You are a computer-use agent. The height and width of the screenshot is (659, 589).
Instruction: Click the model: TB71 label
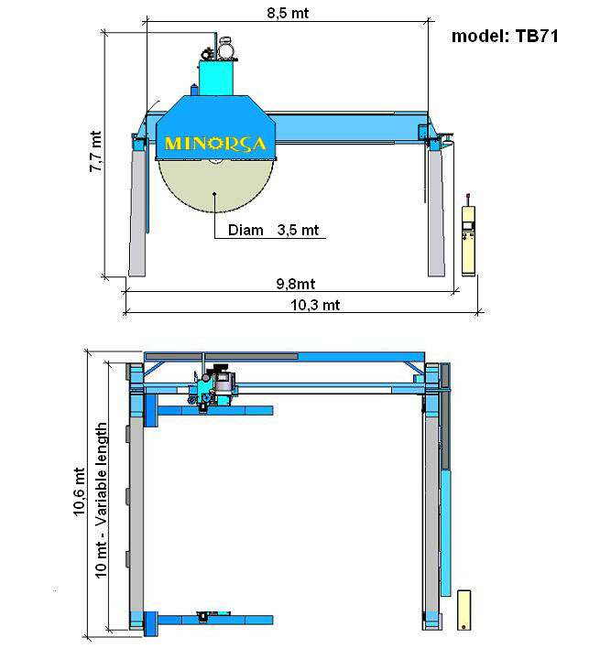pyautogui.click(x=506, y=37)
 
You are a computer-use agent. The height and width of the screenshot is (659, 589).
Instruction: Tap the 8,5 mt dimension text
pyautogui.click(x=288, y=13)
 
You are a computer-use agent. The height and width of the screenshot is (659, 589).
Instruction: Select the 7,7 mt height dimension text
pyautogui.click(x=96, y=151)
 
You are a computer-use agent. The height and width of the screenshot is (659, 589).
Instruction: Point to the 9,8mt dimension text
pyautogui.click(x=296, y=284)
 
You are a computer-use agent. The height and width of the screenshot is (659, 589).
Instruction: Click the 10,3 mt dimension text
pyautogui.click(x=315, y=305)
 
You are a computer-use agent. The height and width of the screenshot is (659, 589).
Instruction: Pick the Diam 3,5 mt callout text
pyautogui.click(x=274, y=231)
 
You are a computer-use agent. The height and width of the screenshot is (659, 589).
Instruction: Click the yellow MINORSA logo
pyautogui.click(x=215, y=144)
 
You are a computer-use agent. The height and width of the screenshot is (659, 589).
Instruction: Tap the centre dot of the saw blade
pyautogui.click(x=214, y=194)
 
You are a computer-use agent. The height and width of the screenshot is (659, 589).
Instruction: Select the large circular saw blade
pyautogui.click(x=215, y=186)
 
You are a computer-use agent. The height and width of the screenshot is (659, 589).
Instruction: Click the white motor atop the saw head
pyautogui.click(x=226, y=49)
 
